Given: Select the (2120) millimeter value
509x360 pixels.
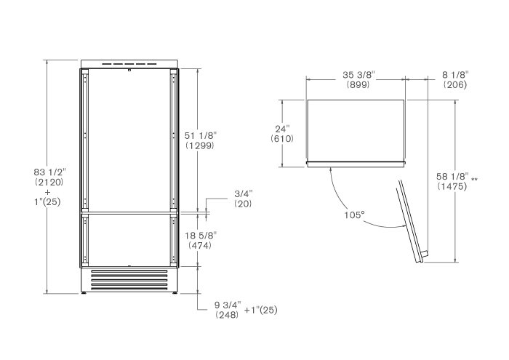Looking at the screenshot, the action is [x=49, y=182].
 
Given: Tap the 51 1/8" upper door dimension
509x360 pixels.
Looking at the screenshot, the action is [x=200, y=135].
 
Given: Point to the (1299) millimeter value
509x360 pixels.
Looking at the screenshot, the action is [x=200, y=145].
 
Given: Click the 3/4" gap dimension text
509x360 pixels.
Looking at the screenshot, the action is [x=244, y=193].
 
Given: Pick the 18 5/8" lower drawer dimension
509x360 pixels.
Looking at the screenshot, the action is [x=201, y=236].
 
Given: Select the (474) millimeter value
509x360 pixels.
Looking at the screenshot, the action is [x=200, y=245].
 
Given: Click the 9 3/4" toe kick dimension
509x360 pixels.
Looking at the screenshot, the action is [x=228, y=305].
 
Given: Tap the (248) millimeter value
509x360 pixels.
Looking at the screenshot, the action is [x=227, y=315].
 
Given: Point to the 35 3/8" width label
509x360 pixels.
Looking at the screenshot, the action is [x=358, y=75].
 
